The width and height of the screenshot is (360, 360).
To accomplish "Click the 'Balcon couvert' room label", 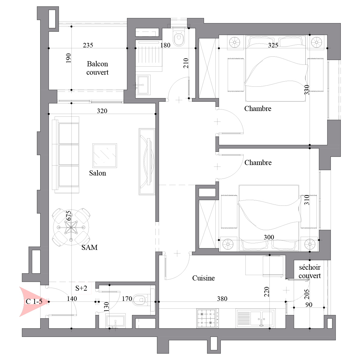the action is [x=97, y=68].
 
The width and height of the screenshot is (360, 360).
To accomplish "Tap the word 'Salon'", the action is [x=97, y=173].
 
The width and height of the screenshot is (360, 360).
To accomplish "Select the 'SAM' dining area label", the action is [x=89, y=247].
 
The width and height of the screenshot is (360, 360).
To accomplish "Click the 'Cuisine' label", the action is [x=203, y=278].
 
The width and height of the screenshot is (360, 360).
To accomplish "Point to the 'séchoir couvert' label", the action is [x=310, y=271].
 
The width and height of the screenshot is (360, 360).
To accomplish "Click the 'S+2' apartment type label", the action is [x=81, y=288].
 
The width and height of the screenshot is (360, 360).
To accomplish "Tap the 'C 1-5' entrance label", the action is [x=34, y=301].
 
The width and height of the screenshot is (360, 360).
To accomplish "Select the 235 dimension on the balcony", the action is [x=88, y=45].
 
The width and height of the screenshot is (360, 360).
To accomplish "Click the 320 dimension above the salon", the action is [x=102, y=111].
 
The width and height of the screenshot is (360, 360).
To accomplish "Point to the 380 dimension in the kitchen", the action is [x=222, y=298].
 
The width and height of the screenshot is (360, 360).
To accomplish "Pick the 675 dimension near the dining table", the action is [x=69, y=216].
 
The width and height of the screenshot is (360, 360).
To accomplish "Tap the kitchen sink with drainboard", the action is [x=255, y=318].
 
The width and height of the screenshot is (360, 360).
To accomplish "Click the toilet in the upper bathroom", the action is [x=179, y=37].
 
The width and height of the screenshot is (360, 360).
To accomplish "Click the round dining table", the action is [x=71, y=227].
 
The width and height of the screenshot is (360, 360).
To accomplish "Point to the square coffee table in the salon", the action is [x=105, y=156].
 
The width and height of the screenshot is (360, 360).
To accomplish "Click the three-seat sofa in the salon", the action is [x=65, y=155].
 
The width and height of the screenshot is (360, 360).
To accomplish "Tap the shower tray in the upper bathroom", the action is [x=149, y=56].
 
